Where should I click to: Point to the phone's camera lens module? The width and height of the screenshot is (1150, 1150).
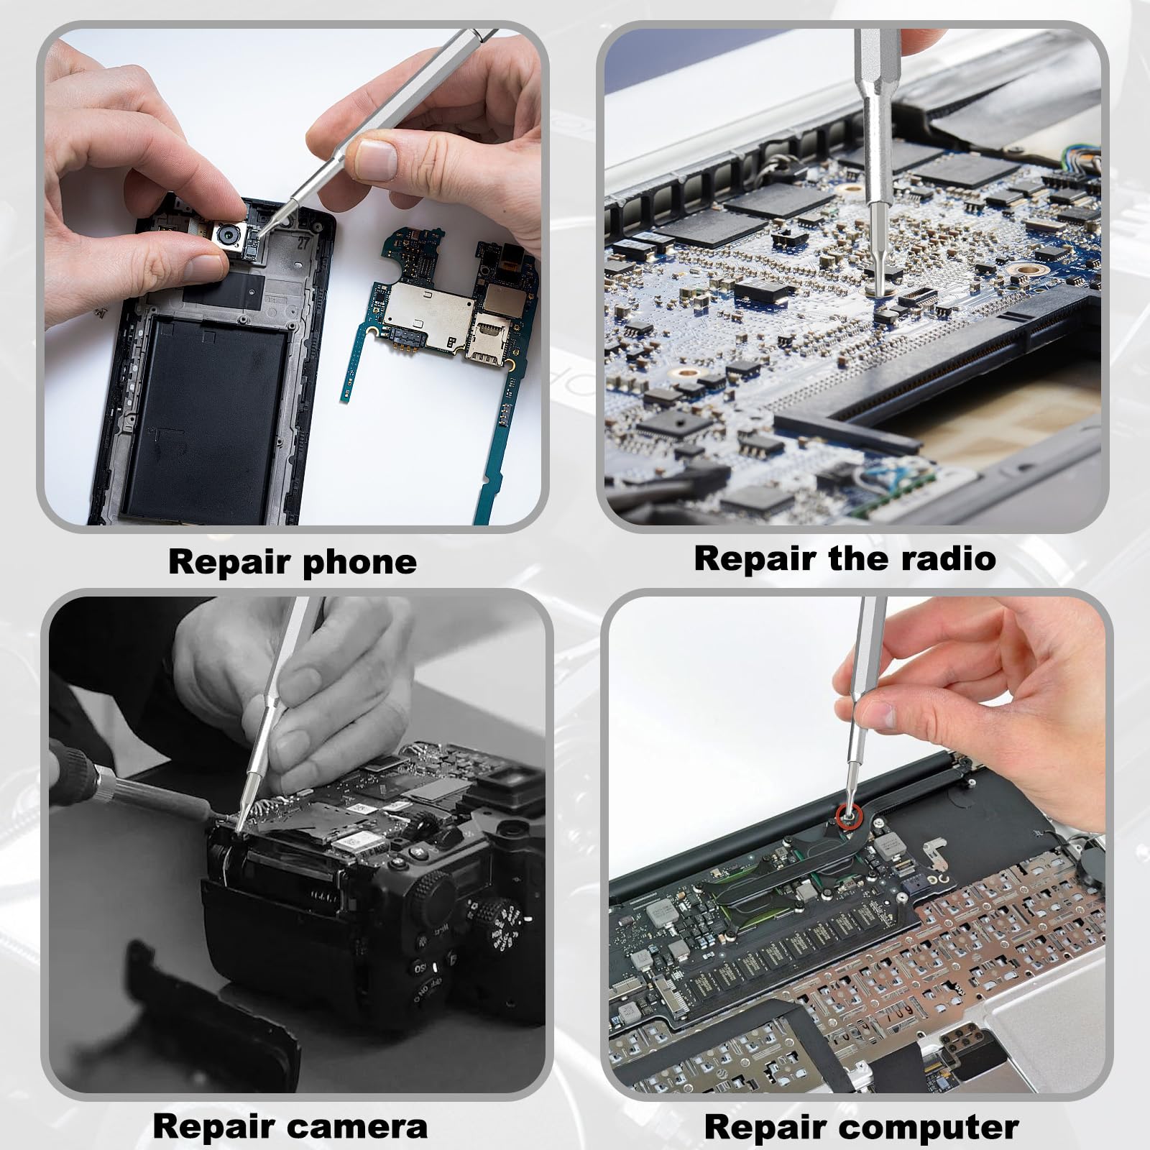point(229,234)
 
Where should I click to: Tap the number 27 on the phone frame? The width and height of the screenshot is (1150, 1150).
point(303,242)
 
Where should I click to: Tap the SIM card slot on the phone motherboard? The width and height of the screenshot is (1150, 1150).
point(489,338)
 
